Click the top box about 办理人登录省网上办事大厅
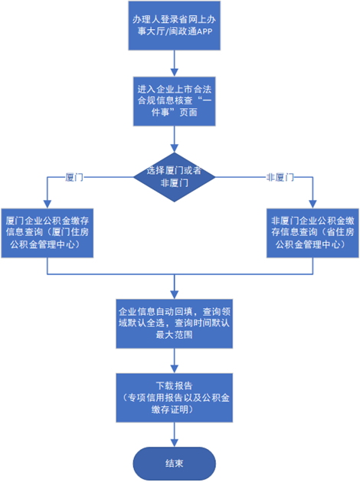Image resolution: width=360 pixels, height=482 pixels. click(x=174, y=25)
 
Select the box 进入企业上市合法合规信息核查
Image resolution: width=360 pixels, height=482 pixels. click(x=174, y=101)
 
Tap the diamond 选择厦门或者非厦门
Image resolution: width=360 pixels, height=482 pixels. click(x=174, y=177)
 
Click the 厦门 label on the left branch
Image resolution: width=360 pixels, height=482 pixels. click(x=74, y=177)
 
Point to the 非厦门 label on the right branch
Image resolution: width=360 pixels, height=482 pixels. click(x=280, y=177)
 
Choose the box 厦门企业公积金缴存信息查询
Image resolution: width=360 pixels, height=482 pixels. click(x=47, y=233)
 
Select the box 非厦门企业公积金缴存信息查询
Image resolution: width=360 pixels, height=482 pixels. click(x=313, y=233)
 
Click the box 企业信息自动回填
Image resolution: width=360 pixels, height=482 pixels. click(x=174, y=323)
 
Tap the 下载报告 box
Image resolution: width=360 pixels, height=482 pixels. click(x=174, y=398)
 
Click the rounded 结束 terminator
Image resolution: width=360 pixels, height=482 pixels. click(x=174, y=464)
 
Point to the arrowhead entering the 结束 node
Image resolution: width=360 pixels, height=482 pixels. click(x=174, y=443)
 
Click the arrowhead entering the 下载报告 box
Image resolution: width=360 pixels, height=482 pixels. click(x=174, y=369)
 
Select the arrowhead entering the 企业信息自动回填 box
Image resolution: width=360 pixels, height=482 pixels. click(x=174, y=295)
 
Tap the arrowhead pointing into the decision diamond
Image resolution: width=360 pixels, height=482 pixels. click(x=174, y=149)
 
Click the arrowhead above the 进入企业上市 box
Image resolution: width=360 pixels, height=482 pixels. click(x=174, y=73)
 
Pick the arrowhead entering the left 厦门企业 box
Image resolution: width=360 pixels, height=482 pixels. click(x=47, y=205)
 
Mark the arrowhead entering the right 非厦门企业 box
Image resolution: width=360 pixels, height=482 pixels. click(x=313, y=205)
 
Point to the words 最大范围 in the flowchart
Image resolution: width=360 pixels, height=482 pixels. click(x=174, y=335)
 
